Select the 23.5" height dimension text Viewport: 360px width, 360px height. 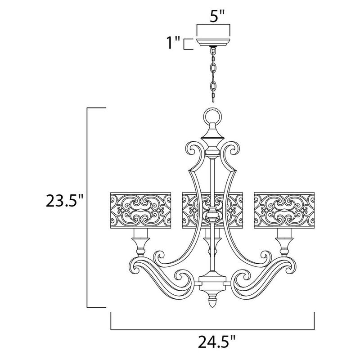pos(64,200)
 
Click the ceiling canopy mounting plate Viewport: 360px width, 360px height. pos(213,42)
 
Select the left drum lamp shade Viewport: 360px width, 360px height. pos(141,211)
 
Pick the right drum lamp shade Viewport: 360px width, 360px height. pos(284,211)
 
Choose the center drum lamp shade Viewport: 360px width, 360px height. pos(212,211)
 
